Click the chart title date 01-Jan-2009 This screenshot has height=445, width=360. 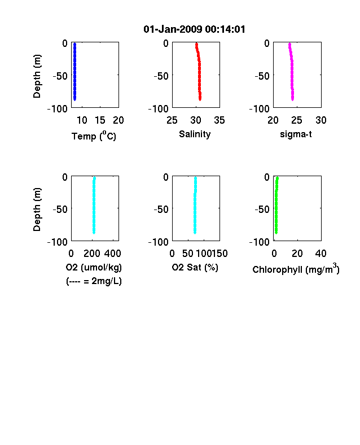173,29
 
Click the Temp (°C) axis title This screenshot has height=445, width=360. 94,136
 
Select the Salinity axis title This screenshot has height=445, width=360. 195,134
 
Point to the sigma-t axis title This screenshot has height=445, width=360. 296,134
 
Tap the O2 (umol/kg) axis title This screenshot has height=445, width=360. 94,267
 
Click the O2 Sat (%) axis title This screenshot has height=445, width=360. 195,267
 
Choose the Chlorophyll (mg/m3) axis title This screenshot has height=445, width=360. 296,269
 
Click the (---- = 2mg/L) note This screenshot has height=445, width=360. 94,281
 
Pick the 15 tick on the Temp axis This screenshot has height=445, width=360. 100,120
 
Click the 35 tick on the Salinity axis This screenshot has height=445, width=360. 219,120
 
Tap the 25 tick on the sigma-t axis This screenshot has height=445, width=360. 296,120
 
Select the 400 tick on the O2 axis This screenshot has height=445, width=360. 112,254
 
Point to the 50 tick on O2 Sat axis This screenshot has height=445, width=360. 188,254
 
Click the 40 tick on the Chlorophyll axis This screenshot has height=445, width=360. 321,254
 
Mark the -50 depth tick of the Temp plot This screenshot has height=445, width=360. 60,76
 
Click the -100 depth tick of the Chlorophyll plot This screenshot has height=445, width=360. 260,242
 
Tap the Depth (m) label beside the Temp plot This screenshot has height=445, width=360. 37,76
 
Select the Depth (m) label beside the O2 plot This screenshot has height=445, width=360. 37,210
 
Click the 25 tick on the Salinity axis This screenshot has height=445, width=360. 172,120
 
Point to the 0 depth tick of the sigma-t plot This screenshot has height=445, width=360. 267,43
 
